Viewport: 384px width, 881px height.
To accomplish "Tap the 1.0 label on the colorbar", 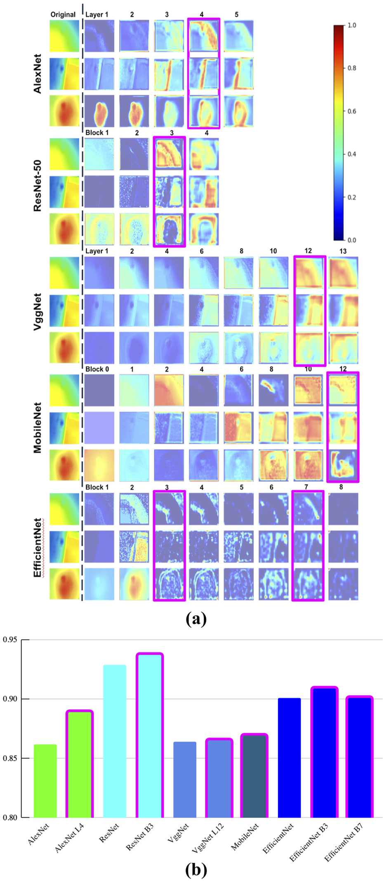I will tap(351, 25).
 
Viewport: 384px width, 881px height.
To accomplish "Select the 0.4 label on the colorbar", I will tap(351, 154).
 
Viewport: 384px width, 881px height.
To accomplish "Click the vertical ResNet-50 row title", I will tap(38, 185).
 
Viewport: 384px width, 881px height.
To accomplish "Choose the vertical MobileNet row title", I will tap(38, 428).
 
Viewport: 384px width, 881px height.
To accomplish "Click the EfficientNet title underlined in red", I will tap(38, 547).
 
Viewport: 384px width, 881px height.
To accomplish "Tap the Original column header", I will tap(63, 14).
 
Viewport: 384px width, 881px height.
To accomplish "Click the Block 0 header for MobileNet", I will tap(97, 369).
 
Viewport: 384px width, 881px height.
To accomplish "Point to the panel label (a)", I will tap(196, 619).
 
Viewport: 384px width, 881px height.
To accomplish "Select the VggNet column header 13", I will tap(343, 251).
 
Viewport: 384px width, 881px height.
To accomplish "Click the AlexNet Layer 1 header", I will tap(97, 14).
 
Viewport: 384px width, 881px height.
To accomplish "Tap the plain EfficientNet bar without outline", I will tap(289, 758).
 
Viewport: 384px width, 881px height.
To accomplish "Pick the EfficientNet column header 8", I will tap(341, 487).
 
